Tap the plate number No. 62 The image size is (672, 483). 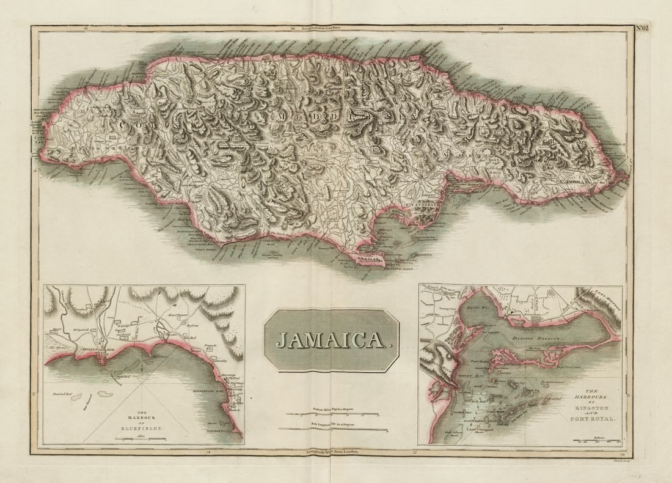(x=642, y=27)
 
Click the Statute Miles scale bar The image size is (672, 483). (x=332, y=414)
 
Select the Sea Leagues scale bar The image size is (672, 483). (x=332, y=428)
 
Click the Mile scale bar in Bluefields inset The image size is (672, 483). (x=141, y=438)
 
